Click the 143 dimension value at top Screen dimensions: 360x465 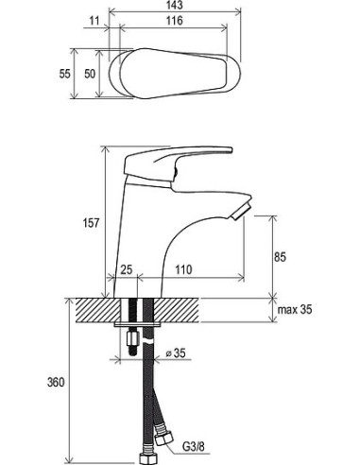(174, 5)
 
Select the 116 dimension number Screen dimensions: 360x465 (174, 21)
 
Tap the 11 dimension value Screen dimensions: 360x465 (94, 21)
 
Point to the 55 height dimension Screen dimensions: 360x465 (65, 74)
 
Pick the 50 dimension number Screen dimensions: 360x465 (90, 74)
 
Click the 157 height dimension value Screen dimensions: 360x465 (91, 223)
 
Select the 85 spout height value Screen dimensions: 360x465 (280, 257)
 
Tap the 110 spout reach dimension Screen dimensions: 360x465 (183, 269)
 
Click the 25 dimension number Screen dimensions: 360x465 (127, 269)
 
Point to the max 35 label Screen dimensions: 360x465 (295, 310)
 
